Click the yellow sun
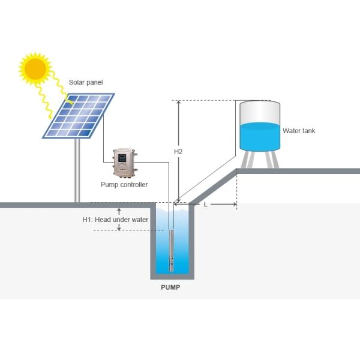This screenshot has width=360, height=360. [36, 68]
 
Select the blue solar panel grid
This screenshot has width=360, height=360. [79, 116]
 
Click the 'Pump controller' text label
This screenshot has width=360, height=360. [124, 185]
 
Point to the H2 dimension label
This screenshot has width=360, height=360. [178, 152]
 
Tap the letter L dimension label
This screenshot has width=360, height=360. [205, 205]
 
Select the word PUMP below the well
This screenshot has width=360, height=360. [170, 287]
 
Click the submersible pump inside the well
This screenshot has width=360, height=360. [172, 252]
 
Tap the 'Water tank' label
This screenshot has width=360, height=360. [298, 131]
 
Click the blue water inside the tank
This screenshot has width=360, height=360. [260, 137]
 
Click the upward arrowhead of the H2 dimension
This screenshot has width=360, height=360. [178, 103]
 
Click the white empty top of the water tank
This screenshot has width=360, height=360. [260, 112]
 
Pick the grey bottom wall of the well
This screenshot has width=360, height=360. [172, 277]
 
